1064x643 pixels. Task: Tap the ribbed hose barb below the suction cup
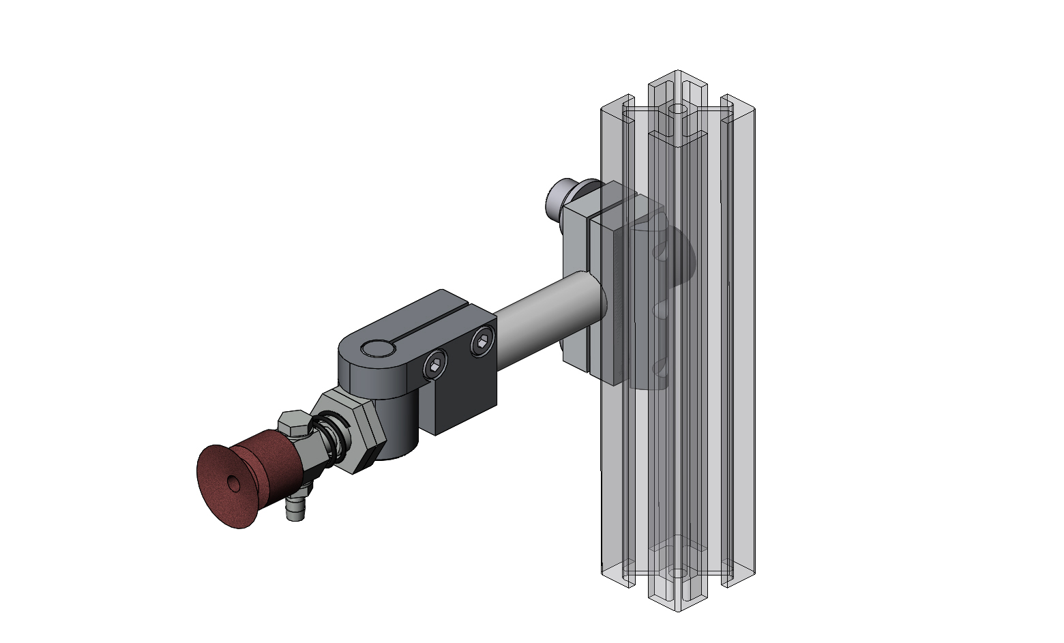(295, 509)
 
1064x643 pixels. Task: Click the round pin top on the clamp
(378, 349)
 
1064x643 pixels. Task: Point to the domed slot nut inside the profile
(675, 259)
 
